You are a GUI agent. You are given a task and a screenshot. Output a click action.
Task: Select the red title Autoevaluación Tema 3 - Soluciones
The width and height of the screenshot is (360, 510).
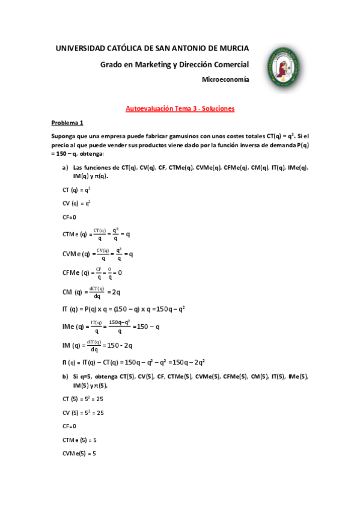click(x=180, y=109)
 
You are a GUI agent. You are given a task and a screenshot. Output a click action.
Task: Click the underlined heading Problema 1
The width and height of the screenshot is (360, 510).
click(x=67, y=123)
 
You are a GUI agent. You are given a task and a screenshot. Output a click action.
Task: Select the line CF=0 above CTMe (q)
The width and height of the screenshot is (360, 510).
click(x=70, y=217)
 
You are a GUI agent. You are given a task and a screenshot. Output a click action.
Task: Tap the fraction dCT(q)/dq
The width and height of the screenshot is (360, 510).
click(x=97, y=292)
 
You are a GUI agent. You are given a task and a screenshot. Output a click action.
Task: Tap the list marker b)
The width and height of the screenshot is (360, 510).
click(x=65, y=376)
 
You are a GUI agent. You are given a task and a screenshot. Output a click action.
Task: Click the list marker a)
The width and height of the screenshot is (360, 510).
click(x=65, y=167)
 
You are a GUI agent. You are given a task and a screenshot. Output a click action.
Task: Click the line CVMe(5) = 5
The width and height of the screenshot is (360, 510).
click(x=79, y=453)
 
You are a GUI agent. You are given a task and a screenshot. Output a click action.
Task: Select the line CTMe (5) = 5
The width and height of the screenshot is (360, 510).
click(x=79, y=440)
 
